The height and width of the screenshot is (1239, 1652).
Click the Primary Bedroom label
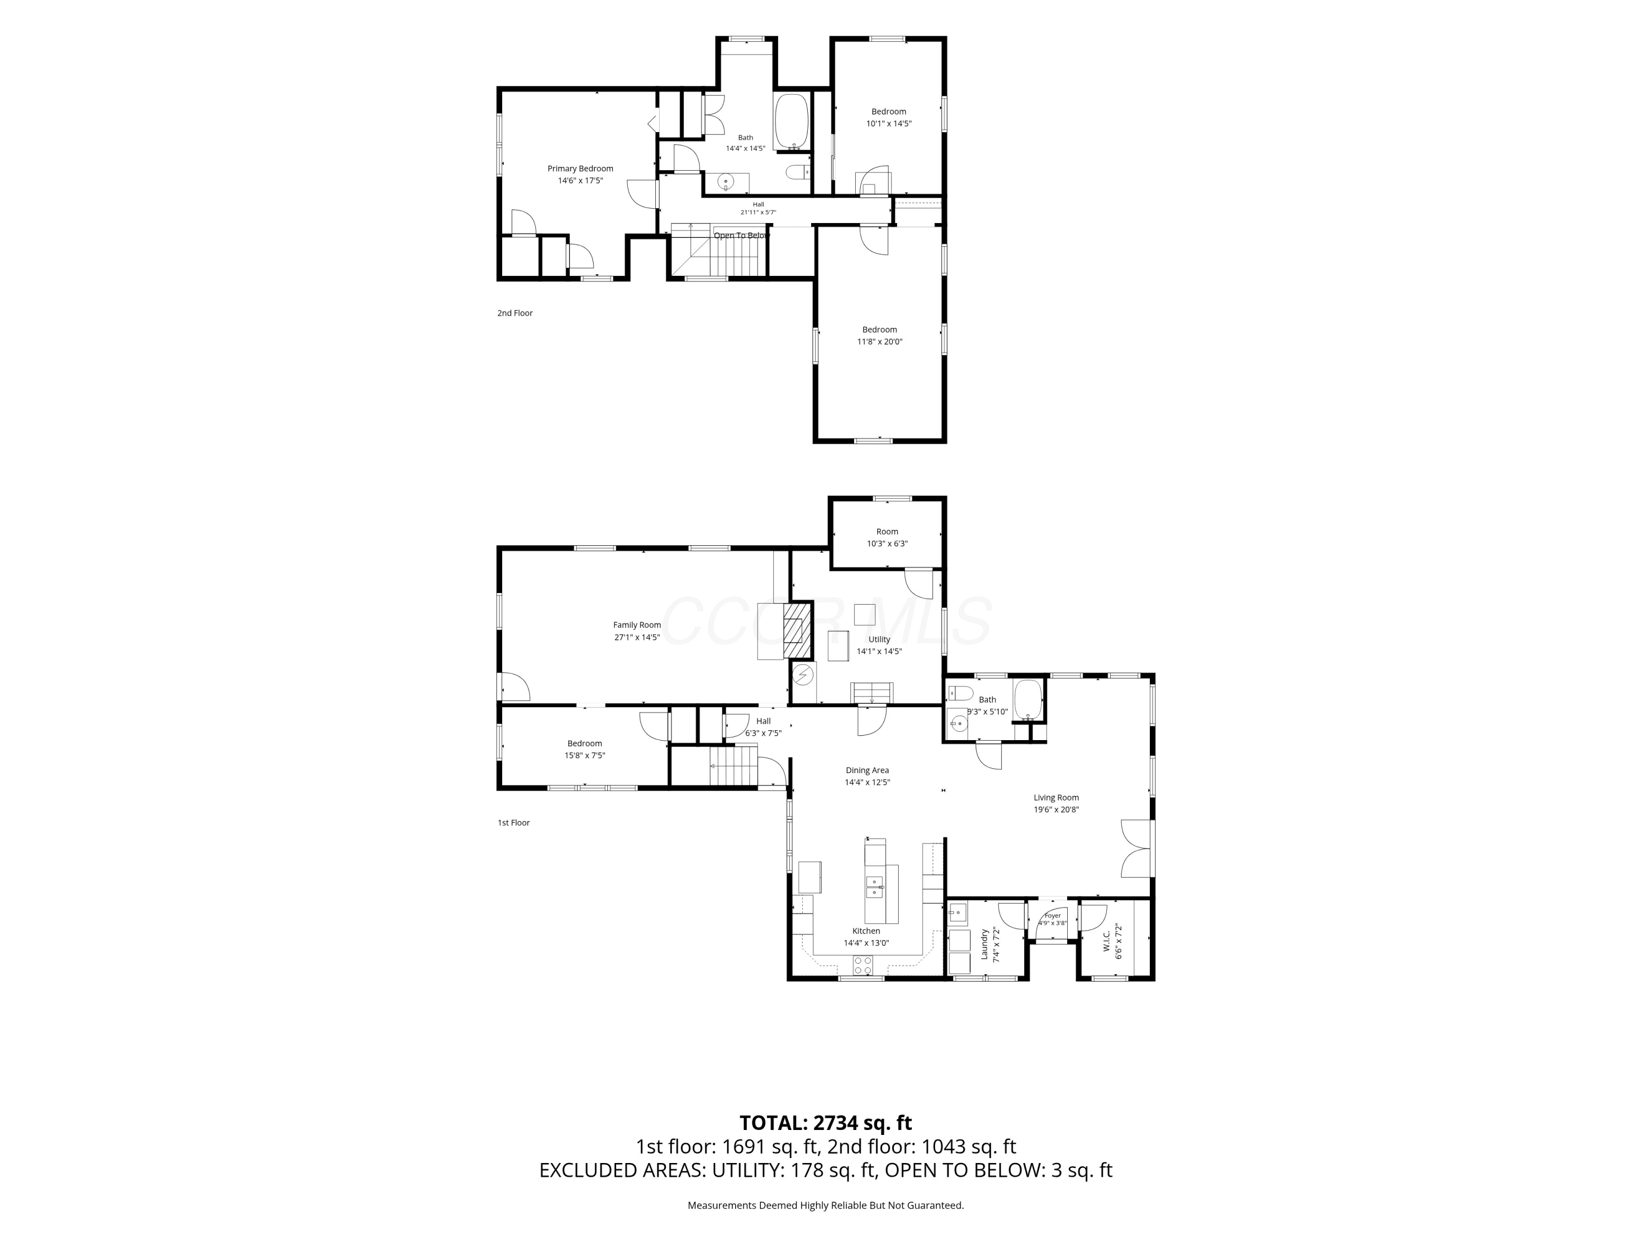click(580, 169)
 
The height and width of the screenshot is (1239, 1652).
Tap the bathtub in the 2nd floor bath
click(792, 121)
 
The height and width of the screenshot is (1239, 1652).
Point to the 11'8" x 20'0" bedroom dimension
click(880, 342)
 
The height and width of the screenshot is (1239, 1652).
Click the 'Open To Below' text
click(741, 236)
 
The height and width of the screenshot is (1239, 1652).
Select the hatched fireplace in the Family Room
click(797, 629)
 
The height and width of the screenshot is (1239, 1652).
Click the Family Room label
click(637, 625)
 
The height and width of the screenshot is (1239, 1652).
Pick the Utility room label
click(879, 639)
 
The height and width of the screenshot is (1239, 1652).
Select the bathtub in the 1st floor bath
click(1028, 700)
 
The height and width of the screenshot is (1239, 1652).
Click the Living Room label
click(1056, 797)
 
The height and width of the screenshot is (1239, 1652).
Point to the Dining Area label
click(867, 771)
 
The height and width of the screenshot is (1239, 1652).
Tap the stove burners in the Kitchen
click(862, 965)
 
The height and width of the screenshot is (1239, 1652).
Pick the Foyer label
click(1052, 916)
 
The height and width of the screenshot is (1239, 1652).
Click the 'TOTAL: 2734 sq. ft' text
click(825, 1123)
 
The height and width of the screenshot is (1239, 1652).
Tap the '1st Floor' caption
click(514, 823)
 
